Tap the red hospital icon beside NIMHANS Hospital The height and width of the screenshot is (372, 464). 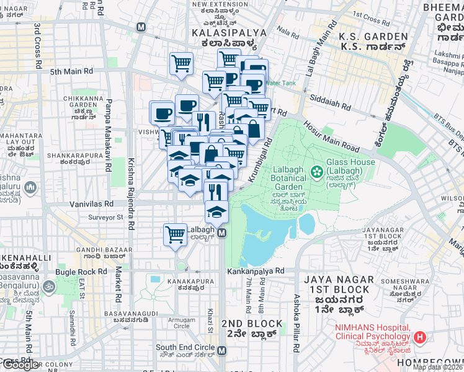420,337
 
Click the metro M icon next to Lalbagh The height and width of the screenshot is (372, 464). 222,233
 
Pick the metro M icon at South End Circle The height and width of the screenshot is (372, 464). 222,350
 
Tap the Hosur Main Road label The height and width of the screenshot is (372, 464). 332,136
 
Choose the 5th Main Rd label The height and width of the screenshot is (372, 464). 71,71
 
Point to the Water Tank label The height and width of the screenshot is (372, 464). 280,83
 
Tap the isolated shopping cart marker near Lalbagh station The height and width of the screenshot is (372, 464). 176,234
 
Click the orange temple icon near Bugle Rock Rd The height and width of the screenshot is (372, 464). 50,287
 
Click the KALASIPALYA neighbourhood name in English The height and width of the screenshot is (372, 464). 229,32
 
